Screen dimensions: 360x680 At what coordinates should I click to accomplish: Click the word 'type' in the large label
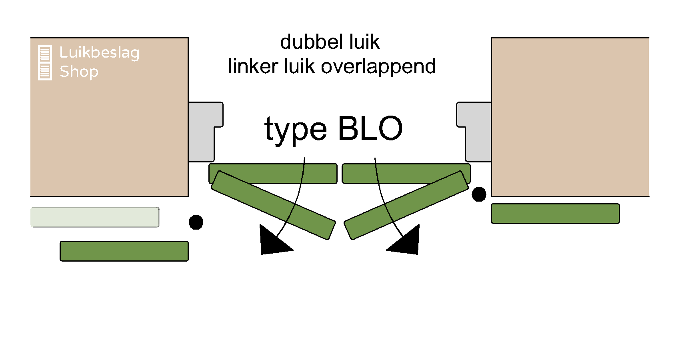point(296,130)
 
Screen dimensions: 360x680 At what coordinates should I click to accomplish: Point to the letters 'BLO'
point(370,129)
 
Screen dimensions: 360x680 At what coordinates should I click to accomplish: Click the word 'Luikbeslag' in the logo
point(99,53)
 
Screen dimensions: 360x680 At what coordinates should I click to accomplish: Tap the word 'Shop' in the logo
point(79,72)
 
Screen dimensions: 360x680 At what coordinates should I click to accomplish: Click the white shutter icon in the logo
point(45,63)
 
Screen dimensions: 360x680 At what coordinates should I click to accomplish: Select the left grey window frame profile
point(202,132)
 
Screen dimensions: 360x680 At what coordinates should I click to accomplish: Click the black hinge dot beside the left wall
point(196,222)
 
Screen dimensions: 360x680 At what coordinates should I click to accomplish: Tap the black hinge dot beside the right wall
point(479,194)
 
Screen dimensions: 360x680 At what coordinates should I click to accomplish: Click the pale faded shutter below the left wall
point(95,217)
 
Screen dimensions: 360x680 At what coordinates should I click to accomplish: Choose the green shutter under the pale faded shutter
point(124,251)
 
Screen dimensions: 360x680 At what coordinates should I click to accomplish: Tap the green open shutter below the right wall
point(555,214)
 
